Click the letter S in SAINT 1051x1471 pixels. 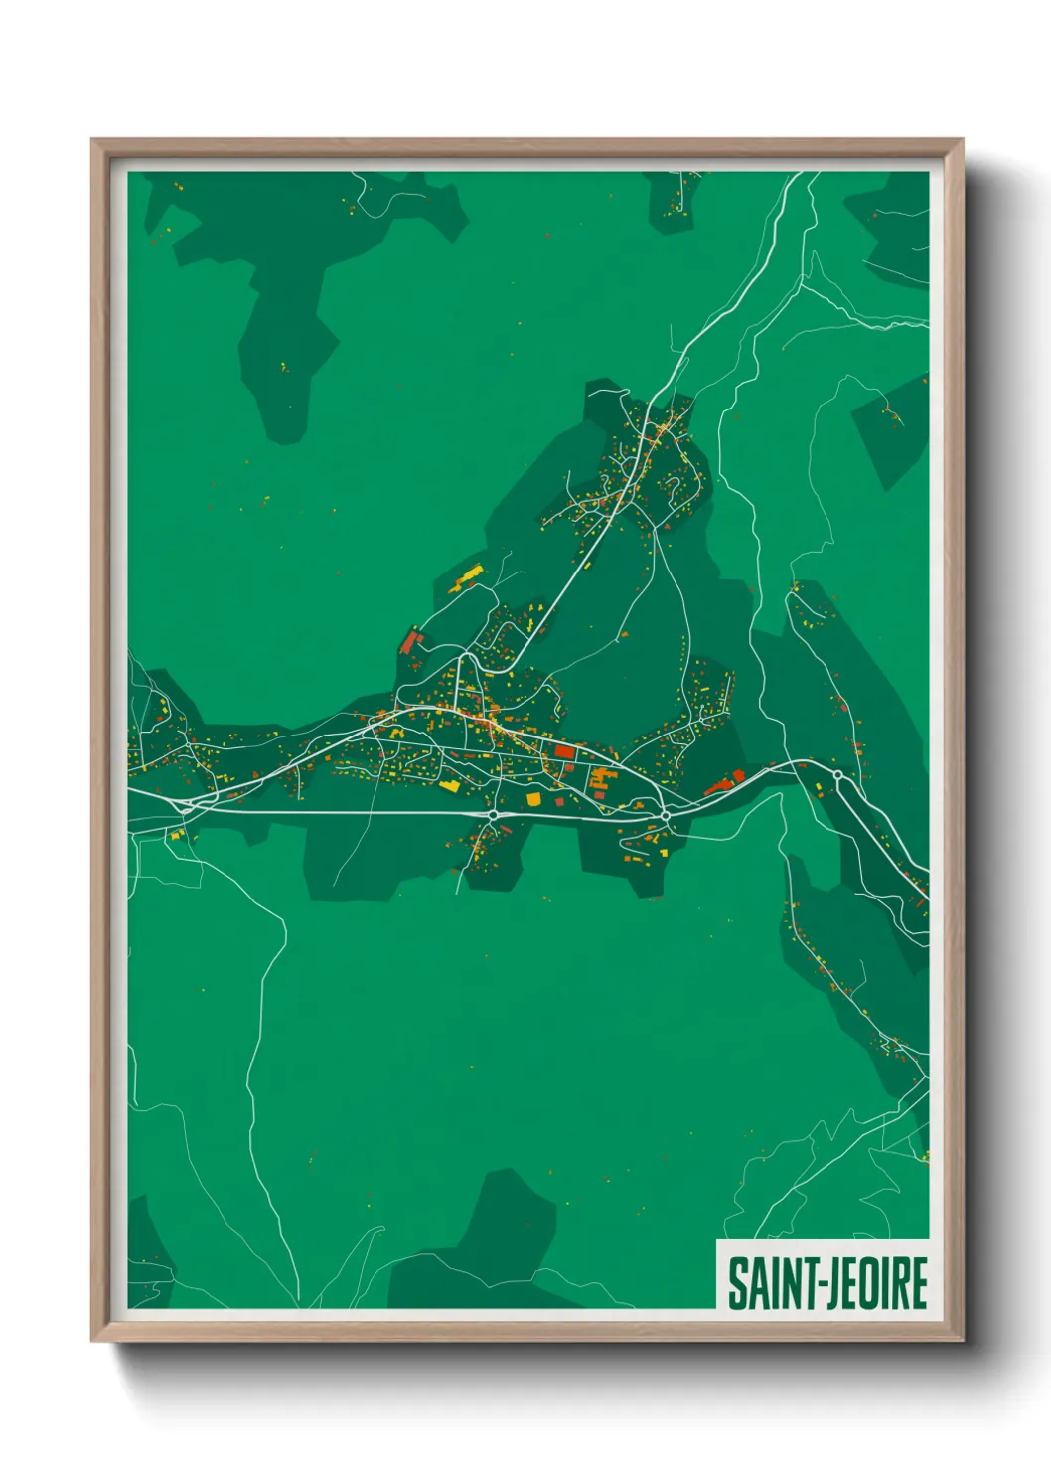click(739, 1283)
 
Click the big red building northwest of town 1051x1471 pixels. click(409, 642)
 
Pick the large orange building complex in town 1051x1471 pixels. click(599, 778)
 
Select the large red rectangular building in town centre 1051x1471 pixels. click(564, 752)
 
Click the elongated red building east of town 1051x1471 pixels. click(727, 782)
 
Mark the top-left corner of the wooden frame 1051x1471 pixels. click(93, 140)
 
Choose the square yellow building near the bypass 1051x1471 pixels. click(533, 798)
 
